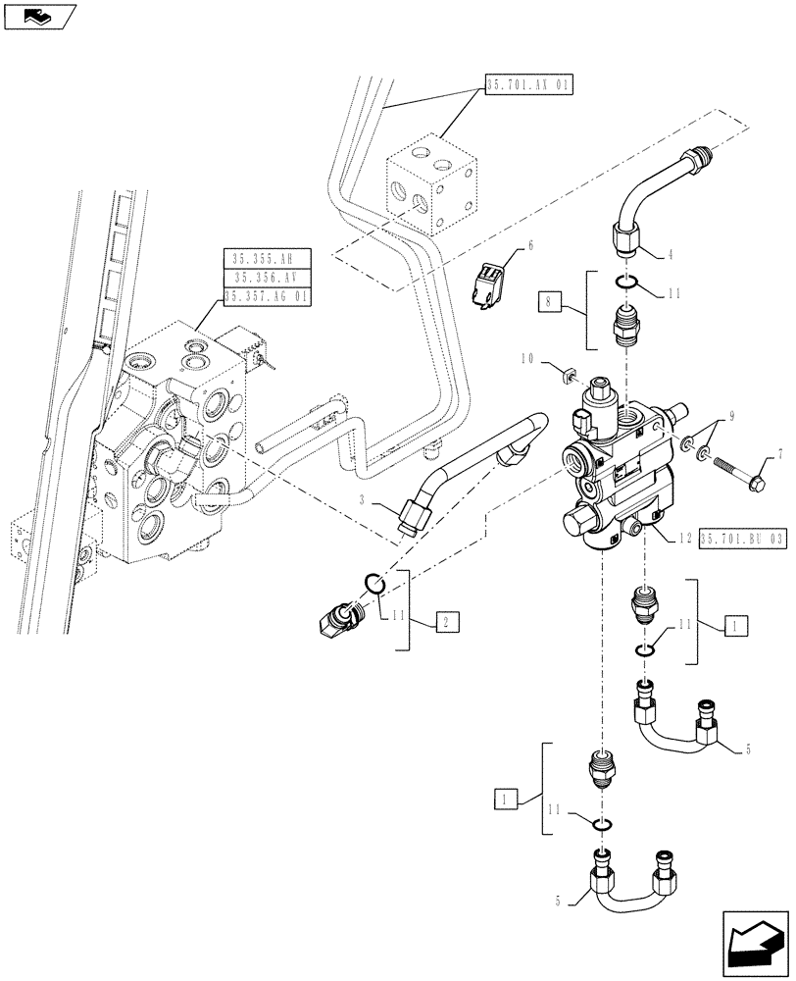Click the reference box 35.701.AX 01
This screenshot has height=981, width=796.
(x=528, y=84)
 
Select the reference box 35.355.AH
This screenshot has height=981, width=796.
(x=267, y=259)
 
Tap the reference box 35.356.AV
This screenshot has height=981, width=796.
(x=267, y=278)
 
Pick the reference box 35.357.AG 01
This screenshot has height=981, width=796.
(x=267, y=295)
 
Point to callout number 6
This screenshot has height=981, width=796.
(x=530, y=244)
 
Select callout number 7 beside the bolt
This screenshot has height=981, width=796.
(x=780, y=454)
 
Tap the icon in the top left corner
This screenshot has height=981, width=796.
(x=38, y=15)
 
